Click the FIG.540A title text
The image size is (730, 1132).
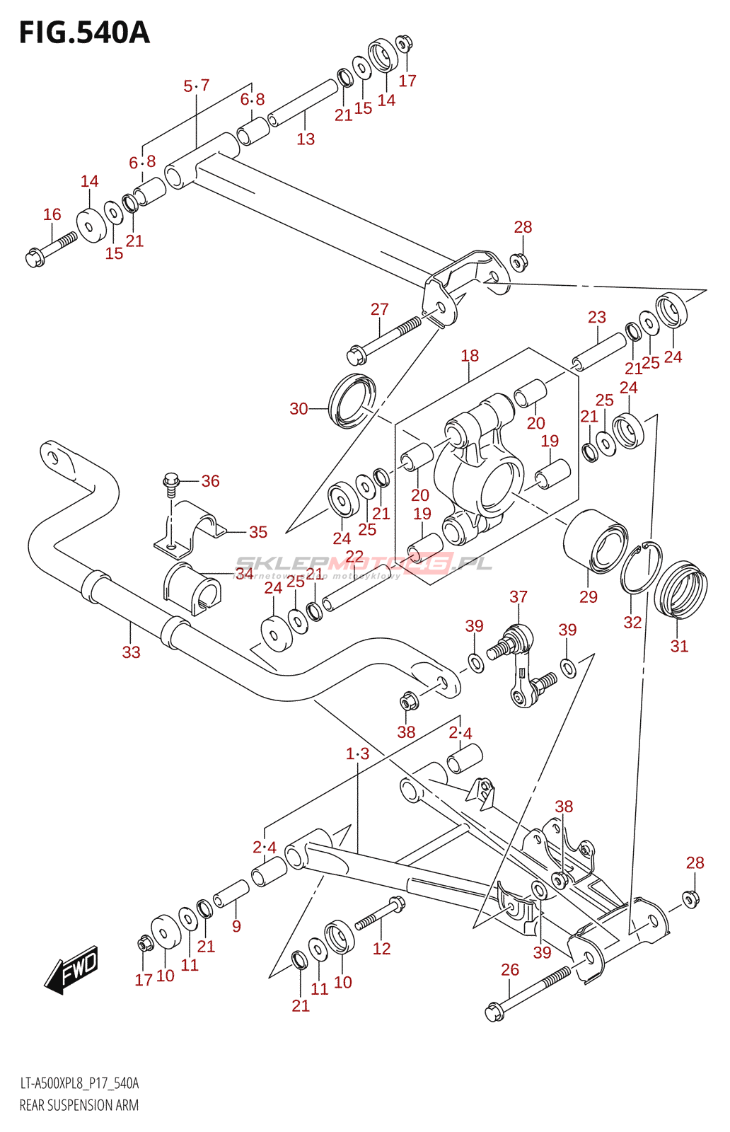point(84,33)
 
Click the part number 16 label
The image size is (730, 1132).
point(52,214)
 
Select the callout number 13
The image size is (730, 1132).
point(306,139)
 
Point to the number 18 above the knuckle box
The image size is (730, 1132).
point(470,356)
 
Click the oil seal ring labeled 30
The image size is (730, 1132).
point(352,401)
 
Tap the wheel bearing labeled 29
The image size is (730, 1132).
point(595,541)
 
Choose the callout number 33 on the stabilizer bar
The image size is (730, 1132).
point(132,652)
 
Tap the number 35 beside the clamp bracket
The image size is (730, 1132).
point(258,532)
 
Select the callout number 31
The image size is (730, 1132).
point(679,646)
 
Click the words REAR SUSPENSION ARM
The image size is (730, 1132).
point(79,1105)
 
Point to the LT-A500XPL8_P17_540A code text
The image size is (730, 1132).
point(79,1083)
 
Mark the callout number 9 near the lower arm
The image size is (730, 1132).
point(236,926)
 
